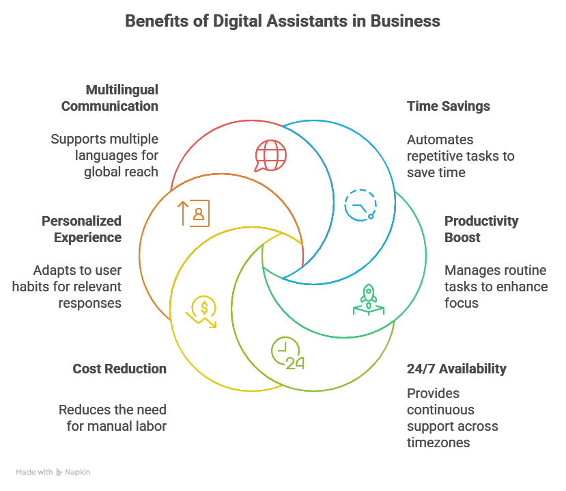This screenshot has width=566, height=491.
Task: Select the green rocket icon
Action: (x=369, y=300)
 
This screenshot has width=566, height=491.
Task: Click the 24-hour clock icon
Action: (x=287, y=354)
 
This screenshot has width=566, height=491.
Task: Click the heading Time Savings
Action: (x=448, y=107)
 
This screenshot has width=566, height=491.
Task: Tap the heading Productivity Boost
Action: (x=481, y=229)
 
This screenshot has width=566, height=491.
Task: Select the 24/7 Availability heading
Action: (x=456, y=369)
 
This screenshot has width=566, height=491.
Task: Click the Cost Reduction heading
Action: (x=119, y=369)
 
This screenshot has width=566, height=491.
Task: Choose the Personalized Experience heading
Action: (x=82, y=229)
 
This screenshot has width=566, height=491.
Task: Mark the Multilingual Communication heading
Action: (x=110, y=98)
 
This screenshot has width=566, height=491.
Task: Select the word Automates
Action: (x=440, y=140)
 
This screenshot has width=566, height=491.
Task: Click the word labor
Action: (x=152, y=427)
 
